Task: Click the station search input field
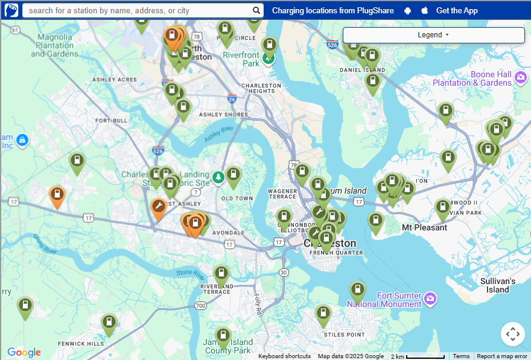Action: (139, 11)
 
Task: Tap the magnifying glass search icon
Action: (256, 11)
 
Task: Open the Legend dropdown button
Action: (433, 35)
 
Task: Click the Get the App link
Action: (457, 11)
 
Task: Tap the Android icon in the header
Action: (408, 11)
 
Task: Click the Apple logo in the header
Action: (424, 11)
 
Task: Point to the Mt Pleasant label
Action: (424, 228)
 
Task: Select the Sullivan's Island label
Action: (498, 285)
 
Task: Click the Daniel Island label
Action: (362, 70)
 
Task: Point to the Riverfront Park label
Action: (241, 58)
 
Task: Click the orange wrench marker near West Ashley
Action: (159, 209)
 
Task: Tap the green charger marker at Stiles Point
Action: (323, 314)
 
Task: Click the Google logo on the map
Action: (24, 353)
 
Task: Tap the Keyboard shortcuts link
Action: (284, 356)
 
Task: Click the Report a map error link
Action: (501, 356)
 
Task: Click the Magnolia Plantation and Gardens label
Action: (55, 45)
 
